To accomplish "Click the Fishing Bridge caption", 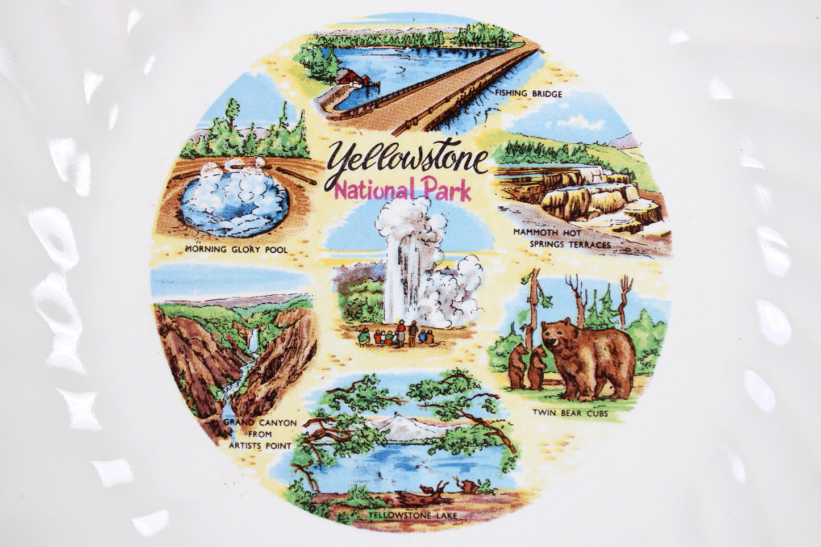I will coord(528,94).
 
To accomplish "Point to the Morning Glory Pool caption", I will coord(236,249).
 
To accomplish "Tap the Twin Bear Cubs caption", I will coord(570,413).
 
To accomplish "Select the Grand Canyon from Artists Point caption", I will coord(260,434).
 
